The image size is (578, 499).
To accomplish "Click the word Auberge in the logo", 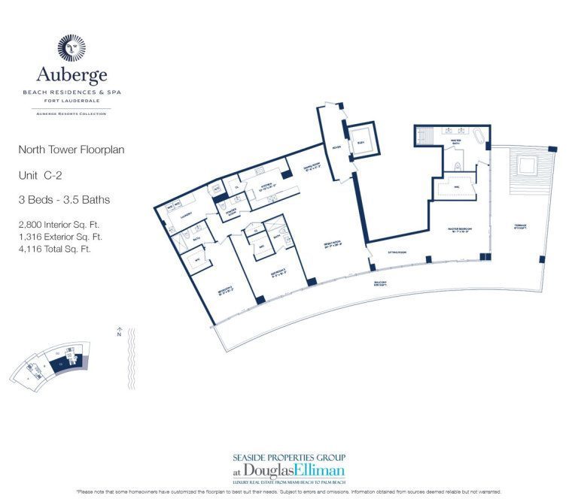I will pyautogui.click(x=72, y=75).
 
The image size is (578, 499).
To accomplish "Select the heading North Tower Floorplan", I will pyautogui.click(x=71, y=150).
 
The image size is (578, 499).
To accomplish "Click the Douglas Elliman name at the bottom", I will pyautogui.click(x=289, y=471).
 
